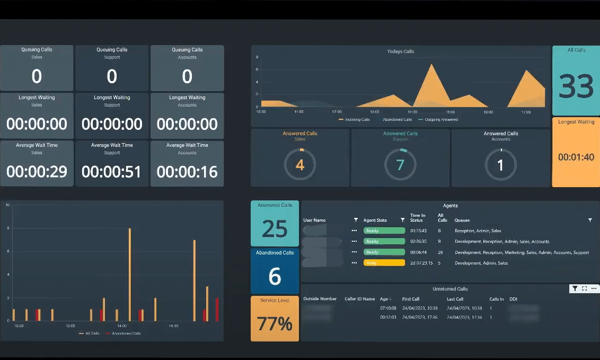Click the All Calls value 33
(576, 86)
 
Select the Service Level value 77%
(275, 323)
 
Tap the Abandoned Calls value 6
(275, 276)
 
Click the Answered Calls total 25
(275, 229)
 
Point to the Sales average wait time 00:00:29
(37, 172)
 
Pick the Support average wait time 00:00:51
(112, 172)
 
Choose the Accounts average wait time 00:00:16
(187, 172)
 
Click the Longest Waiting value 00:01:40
(576, 157)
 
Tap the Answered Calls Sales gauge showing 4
(300, 165)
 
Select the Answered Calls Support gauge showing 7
(400, 165)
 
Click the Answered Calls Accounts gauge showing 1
(500, 165)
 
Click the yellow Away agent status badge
(384, 263)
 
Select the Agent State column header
(375, 220)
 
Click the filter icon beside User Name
(355, 220)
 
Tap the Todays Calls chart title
(401, 51)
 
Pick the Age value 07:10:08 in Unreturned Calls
(389, 308)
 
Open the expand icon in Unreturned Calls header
(585, 288)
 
